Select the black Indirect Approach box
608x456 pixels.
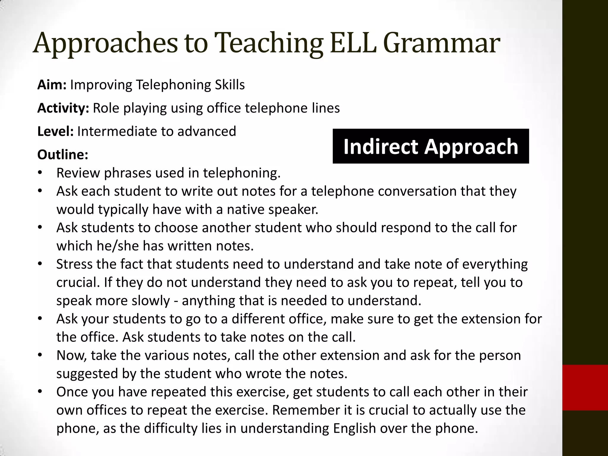430,146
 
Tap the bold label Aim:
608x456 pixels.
52,85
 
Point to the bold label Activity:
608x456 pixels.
63,108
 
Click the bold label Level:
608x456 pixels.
55,131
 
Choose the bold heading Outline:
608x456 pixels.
63,154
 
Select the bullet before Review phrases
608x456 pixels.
40,173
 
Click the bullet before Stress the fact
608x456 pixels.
40,264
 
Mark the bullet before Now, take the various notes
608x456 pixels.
40,355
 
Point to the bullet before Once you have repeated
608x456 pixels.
40,392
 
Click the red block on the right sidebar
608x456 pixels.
585,387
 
